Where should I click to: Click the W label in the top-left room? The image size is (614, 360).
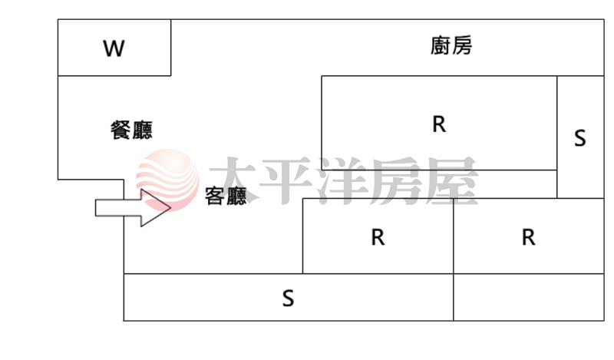pos(114,49)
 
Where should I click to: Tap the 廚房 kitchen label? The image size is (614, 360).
pos(451,46)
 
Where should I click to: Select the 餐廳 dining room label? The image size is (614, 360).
pos(131,130)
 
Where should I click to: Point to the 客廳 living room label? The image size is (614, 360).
pos(226,197)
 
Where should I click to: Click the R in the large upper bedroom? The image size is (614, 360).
pos(438,124)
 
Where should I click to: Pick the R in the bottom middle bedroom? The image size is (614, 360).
pos(377,237)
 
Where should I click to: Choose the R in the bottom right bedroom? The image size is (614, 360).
pos(527,237)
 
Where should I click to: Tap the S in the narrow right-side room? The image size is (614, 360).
pos(579,138)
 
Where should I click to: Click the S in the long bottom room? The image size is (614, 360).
pos(288,298)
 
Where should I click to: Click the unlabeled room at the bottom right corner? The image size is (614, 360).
pos(528,297)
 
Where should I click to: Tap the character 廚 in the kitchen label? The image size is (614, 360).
pos(440,46)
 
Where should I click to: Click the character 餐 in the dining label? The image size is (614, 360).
pos(120,130)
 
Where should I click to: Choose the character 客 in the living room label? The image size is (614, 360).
pos(215,197)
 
